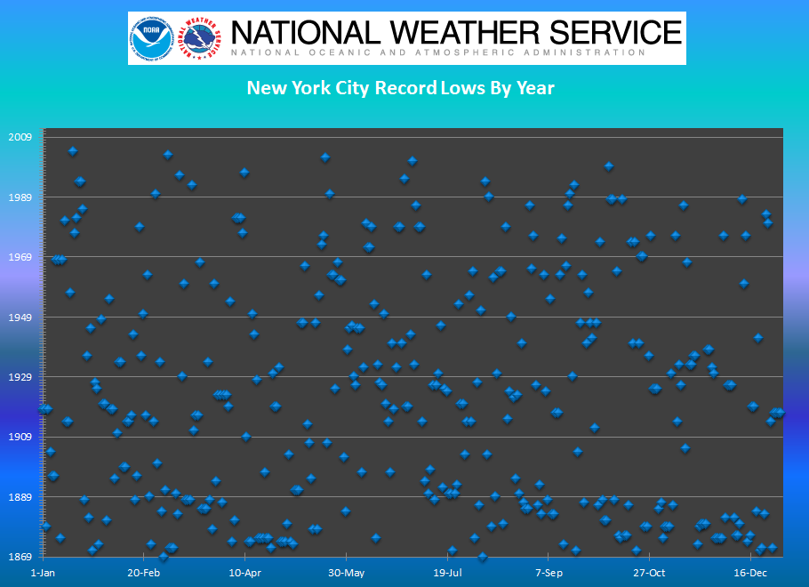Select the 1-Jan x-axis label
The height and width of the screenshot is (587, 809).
click(43, 573)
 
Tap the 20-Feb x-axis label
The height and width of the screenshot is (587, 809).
click(144, 573)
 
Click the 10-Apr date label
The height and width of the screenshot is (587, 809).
click(244, 573)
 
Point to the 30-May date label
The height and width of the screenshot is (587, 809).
click(346, 573)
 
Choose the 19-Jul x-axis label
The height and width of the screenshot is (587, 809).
click(447, 573)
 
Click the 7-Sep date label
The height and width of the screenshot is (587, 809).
click(549, 573)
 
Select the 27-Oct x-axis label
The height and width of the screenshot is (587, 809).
click(650, 573)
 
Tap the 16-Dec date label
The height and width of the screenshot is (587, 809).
click(751, 573)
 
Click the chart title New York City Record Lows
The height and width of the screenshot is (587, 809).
click(400, 88)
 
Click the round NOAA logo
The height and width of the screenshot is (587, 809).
click(151, 38)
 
